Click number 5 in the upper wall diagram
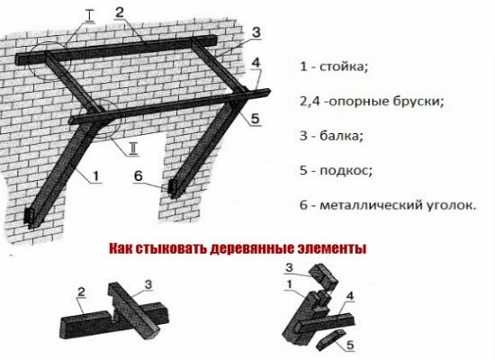pos(255,118)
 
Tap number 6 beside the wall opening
pos(139,177)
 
